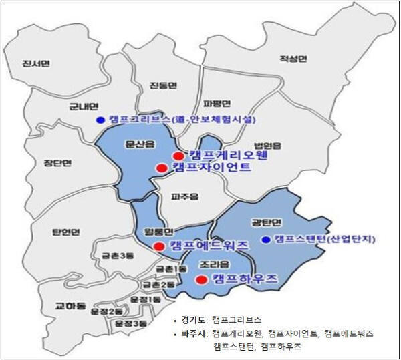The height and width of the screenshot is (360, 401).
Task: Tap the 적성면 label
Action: click(x=293, y=59)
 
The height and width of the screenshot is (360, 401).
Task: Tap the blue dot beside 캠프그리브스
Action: click(x=100, y=120)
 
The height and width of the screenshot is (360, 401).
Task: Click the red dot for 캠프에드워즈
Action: click(x=158, y=246)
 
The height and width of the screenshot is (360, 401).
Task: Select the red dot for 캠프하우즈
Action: click(x=199, y=279)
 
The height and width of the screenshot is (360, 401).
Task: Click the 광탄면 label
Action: click(x=273, y=222)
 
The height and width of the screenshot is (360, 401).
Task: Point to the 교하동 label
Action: click(x=70, y=306)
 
